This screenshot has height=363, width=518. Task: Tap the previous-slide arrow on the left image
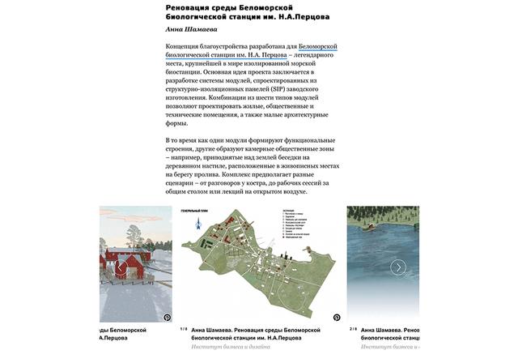[x=120, y=267]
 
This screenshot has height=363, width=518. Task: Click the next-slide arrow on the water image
[x=397, y=267]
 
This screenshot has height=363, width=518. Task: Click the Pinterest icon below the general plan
[x=337, y=318]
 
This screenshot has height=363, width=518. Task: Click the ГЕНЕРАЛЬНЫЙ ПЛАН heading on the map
[x=198, y=211]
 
